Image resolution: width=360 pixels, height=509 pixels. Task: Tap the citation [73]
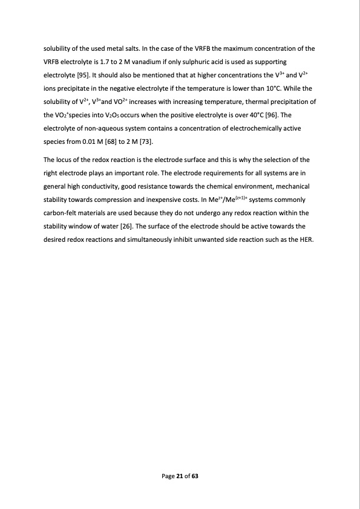143,143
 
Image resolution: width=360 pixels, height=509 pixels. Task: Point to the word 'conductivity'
93,186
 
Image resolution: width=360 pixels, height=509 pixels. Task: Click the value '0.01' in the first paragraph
88,143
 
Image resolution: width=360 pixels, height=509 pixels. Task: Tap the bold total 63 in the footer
195,476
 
